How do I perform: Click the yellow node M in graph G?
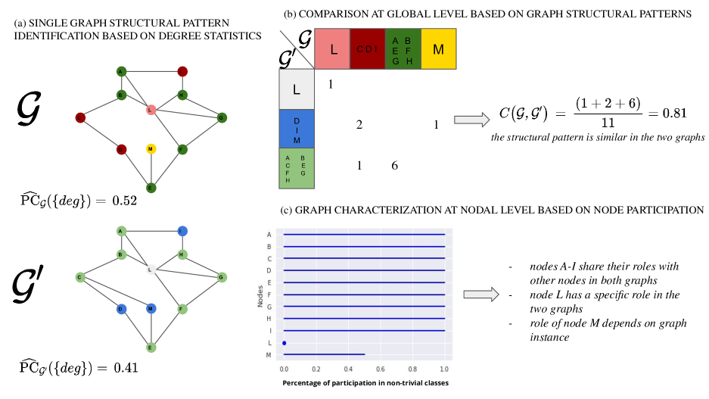point(151,149)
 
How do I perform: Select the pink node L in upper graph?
point(151,111)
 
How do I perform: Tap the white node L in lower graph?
point(151,269)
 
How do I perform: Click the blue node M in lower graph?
point(151,308)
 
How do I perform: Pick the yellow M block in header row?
point(438,49)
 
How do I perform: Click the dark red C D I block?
point(367,49)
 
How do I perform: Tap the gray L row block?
point(297,89)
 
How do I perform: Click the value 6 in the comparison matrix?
point(394,165)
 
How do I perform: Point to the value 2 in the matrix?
point(359,124)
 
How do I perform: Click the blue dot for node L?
point(284,343)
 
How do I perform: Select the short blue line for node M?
point(324,354)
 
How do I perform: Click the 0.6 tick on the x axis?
point(380,369)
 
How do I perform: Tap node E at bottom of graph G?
point(151,187)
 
